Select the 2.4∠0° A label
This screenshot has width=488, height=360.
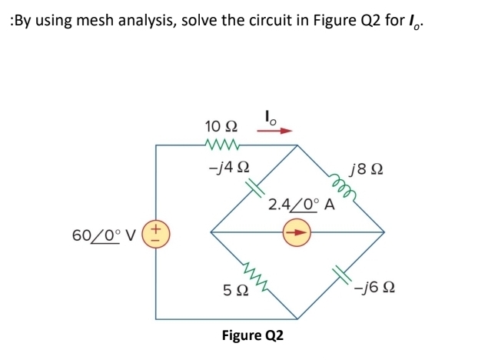(301, 205)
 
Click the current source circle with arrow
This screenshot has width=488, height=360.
(297, 231)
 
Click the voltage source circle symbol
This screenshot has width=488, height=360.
(156, 231)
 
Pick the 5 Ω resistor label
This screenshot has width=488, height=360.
(234, 290)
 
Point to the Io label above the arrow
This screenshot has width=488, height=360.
(271, 116)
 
